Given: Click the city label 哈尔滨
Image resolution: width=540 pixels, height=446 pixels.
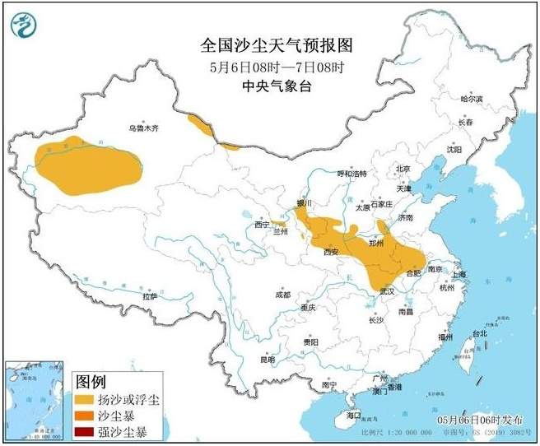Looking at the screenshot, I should (x=472, y=99).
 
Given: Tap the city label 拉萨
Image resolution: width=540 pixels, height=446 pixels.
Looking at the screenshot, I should (x=149, y=295).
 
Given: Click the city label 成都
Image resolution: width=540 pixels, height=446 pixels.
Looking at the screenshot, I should (x=282, y=294).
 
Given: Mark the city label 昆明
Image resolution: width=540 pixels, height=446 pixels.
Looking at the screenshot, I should (x=268, y=359).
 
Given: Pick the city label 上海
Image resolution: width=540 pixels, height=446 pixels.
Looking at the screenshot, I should (x=459, y=274).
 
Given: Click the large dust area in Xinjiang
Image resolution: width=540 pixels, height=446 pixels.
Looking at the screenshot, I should (x=87, y=165).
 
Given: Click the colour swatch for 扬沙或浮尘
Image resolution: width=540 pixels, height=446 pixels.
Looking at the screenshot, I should (x=86, y=399).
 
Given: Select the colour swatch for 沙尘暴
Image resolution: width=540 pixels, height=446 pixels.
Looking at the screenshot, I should (x=86, y=416).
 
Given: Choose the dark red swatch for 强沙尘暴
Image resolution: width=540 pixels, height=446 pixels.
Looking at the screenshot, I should (x=86, y=431).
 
